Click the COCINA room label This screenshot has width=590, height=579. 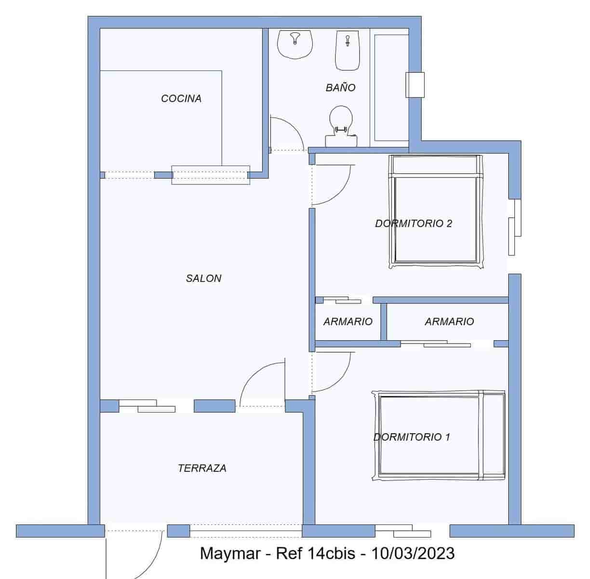(181, 98)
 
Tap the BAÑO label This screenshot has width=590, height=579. (340, 87)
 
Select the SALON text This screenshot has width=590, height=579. (203, 278)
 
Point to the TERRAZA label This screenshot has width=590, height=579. (202, 468)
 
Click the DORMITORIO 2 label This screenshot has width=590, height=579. (414, 223)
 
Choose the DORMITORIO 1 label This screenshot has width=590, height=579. (412, 437)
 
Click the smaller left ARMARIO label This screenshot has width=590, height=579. (348, 321)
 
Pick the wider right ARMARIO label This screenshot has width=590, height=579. (449, 321)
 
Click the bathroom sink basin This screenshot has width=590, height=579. (295, 44)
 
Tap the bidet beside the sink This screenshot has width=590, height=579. (347, 50)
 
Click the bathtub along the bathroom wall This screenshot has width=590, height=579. (389, 87)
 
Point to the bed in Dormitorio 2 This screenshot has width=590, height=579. (436, 212)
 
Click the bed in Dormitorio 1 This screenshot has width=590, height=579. (439, 436)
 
